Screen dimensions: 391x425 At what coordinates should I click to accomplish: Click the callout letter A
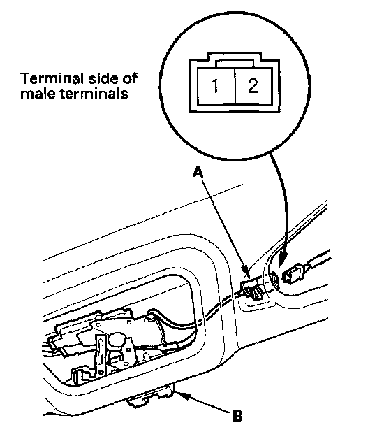click(x=198, y=173)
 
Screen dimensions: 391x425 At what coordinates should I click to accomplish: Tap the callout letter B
click(x=237, y=415)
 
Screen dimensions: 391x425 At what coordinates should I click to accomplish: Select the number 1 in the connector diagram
click(x=215, y=86)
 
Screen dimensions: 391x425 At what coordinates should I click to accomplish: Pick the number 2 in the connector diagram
click(x=253, y=85)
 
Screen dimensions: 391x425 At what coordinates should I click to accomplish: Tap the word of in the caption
click(x=131, y=78)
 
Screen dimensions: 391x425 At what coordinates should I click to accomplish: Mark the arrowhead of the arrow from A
click(x=246, y=273)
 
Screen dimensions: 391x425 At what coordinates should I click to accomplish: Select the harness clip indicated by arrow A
click(x=252, y=291)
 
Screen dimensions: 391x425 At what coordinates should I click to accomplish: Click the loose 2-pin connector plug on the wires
click(x=294, y=275)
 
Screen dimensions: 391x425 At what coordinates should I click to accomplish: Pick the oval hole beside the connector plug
click(x=274, y=279)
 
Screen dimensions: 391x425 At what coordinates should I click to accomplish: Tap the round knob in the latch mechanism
click(x=117, y=340)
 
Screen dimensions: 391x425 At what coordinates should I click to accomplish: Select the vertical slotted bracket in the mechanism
click(x=100, y=356)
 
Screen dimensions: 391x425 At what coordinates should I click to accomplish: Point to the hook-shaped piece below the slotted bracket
click(x=79, y=375)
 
